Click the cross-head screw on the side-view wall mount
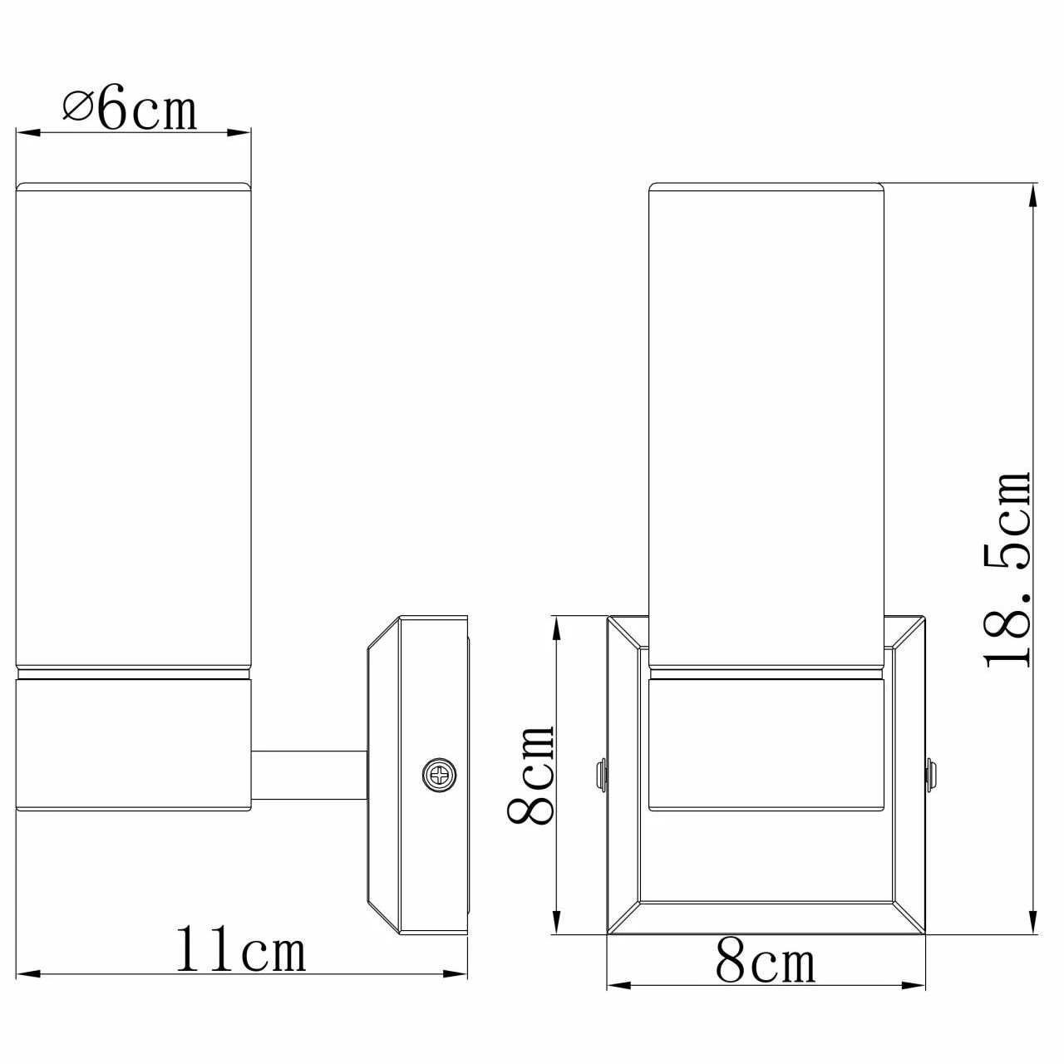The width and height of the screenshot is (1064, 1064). tap(439, 775)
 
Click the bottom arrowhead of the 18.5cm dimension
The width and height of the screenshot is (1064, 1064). tap(1033, 924)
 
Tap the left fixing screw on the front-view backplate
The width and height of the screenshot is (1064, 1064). tap(600, 773)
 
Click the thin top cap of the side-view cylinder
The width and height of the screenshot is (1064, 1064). tap(134, 186)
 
